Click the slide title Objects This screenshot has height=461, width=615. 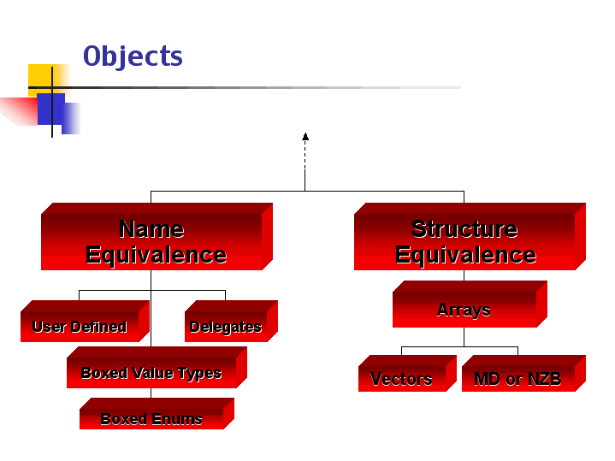point(133,56)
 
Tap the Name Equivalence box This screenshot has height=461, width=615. point(155,241)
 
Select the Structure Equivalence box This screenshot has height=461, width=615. point(465,241)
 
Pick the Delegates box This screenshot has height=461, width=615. point(226,326)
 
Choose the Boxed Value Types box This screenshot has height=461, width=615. point(151,372)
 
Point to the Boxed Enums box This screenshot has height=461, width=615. point(151,418)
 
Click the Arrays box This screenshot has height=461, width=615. point(464,310)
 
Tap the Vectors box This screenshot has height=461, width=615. point(402,379)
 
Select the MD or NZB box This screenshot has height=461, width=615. point(518,379)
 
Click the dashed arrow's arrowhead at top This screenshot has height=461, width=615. point(305,136)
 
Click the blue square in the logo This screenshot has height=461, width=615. point(53,109)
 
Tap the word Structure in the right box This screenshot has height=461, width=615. point(464,229)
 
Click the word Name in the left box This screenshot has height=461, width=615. point(151,229)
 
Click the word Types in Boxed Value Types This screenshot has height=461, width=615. point(199,373)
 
